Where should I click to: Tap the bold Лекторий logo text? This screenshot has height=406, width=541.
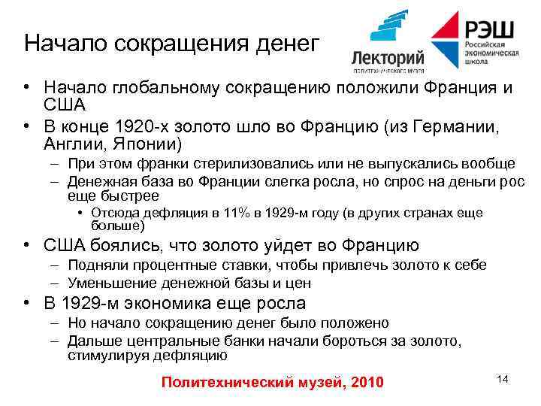[388, 57]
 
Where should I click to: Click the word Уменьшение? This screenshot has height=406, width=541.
[115, 283]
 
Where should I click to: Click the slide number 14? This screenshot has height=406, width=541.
[502, 378]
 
